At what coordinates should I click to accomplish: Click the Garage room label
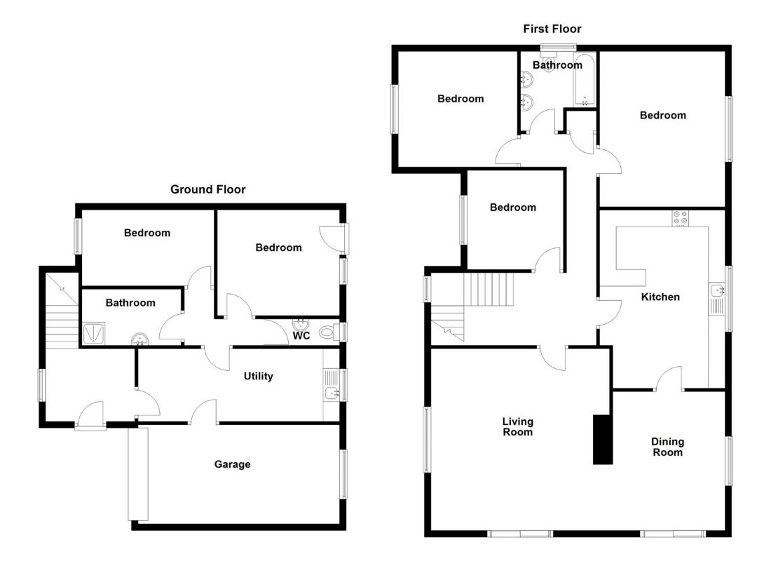tap(232, 464)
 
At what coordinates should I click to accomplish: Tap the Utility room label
tap(258, 376)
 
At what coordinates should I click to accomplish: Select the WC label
tap(301, 336)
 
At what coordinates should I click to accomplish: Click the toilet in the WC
tap(329, 332)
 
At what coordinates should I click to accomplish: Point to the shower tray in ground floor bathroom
tap(93, 334)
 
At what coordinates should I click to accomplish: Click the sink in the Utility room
tap(332, 393)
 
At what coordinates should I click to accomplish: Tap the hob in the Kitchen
tap(681, 218)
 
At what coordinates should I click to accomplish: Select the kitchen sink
tap(716, 290)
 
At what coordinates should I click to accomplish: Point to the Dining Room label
tap(668, 447)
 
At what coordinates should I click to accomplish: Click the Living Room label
tap(517, 426)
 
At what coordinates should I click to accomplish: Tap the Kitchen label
tap(660, 297)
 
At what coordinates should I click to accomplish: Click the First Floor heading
tap(552, 29)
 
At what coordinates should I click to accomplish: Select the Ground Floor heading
tap(208, 189)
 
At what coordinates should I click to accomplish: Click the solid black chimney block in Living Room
tap(603, 440)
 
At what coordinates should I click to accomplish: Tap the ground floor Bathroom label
tap(130, 303)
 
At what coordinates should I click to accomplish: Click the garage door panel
tap(138, 474)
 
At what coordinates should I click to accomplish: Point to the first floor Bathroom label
tap(557, 65)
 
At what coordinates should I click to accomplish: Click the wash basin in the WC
tap(301, 324)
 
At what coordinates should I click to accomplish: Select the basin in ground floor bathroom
tap(141, 339)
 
